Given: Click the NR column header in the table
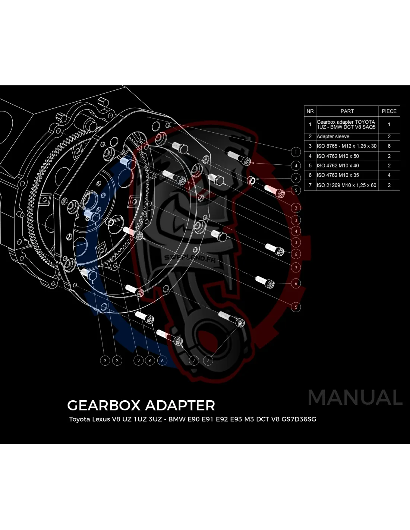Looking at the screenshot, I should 310,111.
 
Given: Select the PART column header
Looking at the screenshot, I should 347,111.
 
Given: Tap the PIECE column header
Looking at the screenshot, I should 389,111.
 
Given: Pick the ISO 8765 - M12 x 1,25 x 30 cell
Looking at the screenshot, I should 347,146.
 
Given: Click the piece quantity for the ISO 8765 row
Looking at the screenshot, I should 389,146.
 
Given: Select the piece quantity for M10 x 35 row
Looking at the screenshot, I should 389,175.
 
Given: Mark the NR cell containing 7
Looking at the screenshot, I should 310,185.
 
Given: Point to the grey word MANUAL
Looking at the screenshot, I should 355,397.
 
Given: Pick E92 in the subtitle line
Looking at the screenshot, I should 222,419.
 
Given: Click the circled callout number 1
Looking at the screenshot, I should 296,152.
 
